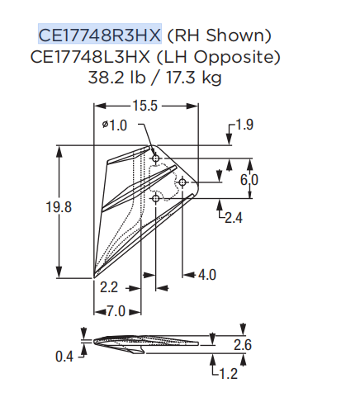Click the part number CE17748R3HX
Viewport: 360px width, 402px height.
[x=100, y=35]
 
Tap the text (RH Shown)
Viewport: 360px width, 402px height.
[x=218, y=35]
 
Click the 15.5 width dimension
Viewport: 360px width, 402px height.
[x=144, y=106]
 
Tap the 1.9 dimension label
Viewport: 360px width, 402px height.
[x=244, y=125]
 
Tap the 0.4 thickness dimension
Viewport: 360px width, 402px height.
[x=65, y=357]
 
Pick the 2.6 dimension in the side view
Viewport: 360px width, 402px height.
[x=244, y=344]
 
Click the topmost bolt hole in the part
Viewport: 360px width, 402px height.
[x=155, y=156]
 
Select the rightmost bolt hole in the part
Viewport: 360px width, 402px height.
[x=182, y=181]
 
